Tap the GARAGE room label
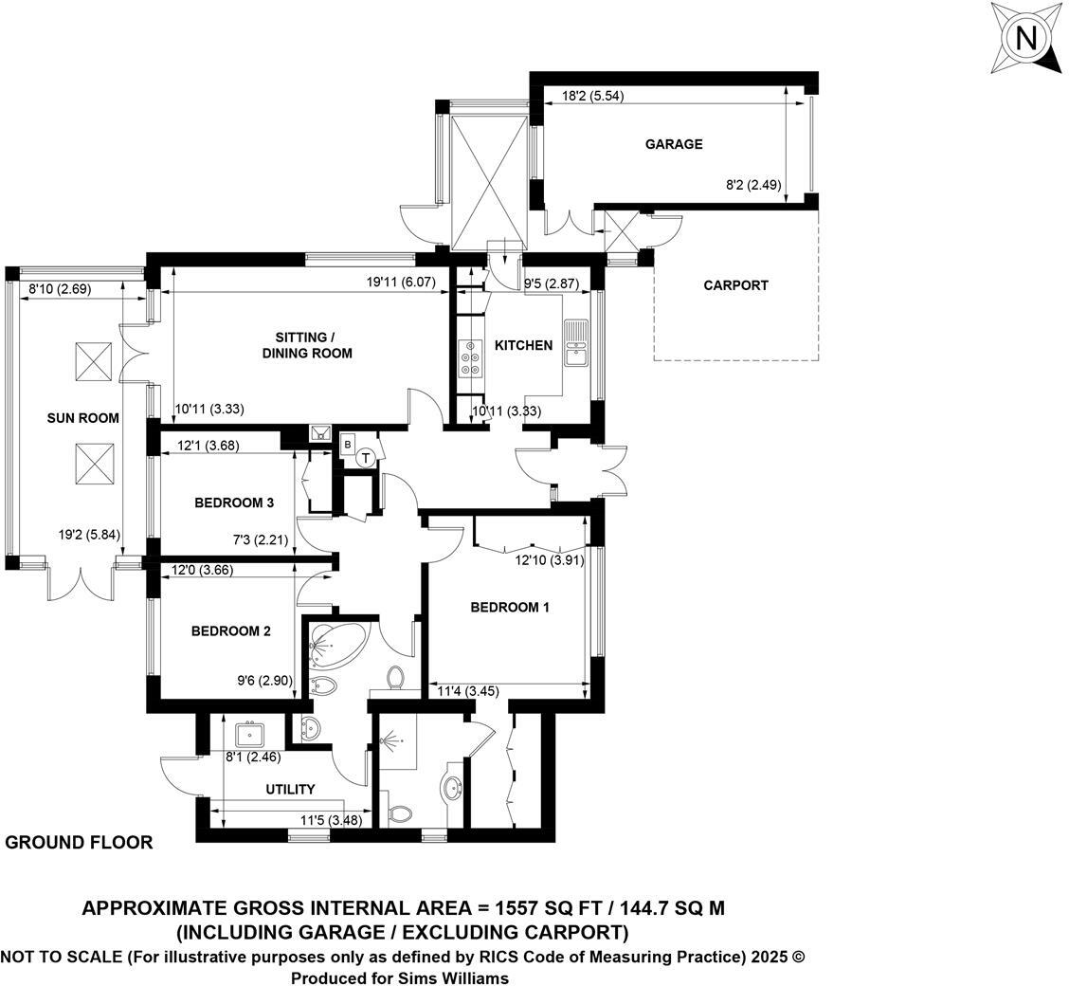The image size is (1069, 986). point(674,144)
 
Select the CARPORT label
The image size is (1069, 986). point(735,285)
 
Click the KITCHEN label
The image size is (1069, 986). point(523,345)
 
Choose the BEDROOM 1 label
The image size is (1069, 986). point(510,608)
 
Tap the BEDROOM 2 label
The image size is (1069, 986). point(231,631)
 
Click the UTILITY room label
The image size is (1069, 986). point(290,789)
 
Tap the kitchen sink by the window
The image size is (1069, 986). point(576,343)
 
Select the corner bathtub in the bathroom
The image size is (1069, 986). point(332,644)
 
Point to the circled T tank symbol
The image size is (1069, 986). point(365,458)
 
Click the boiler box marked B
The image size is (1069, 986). point(348,443)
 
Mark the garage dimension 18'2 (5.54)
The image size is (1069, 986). point(592,96)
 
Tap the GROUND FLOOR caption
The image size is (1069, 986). point(80,842)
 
